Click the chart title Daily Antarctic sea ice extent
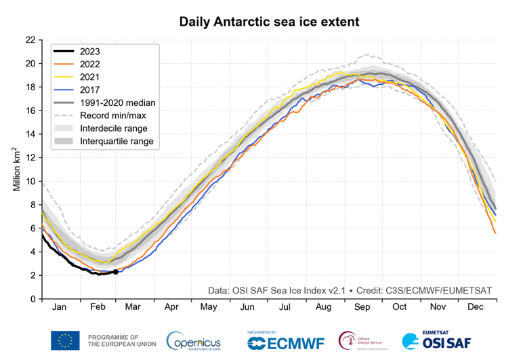coord(269,22)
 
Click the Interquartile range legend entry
coord(117,142)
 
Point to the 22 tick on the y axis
coord(30,40)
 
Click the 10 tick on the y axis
coord(30,181)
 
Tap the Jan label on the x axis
coord(60,307)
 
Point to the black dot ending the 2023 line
coord(115,272)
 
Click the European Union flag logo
coord(65,340)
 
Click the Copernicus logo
coord(193,340)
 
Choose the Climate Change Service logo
coord(366,340)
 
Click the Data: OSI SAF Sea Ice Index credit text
coord(277,290)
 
